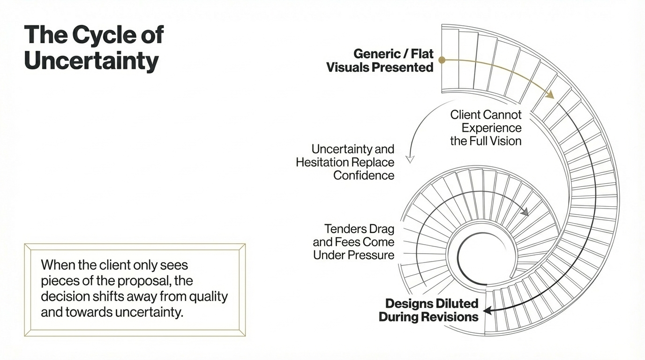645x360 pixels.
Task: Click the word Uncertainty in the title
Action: (91, 61)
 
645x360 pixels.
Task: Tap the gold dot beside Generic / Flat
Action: (442, 60)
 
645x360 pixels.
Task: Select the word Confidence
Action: (364, 175)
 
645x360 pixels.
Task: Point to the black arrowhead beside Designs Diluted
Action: (487, 310)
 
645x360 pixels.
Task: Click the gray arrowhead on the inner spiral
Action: (525, 212)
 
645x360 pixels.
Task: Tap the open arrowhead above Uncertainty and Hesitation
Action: (410, 159)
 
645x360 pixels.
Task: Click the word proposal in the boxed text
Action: (129, 281)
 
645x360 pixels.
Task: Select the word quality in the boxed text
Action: (210, 296)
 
